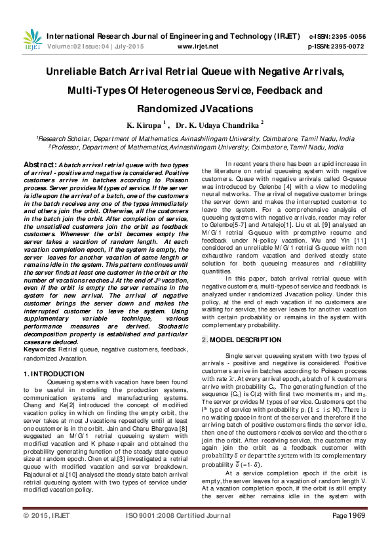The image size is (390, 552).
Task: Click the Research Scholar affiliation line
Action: (195, 139)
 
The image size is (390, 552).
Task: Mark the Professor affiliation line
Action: (195, 148)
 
